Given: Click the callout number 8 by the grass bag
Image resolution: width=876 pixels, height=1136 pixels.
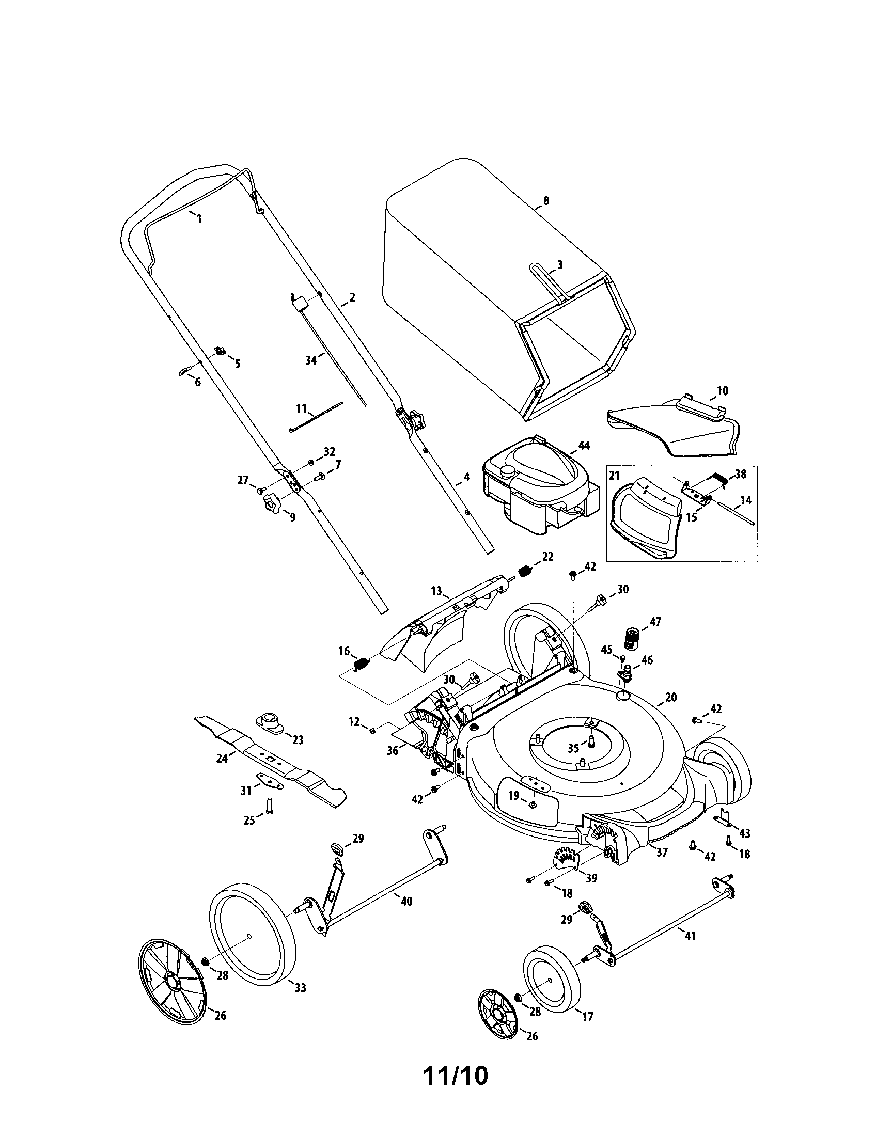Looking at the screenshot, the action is click(x=545, y=200).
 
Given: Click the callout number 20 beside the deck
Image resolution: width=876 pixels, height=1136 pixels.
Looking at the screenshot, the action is click(x=671, y=698).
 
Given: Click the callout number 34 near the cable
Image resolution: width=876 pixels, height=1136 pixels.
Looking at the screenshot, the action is click(x=311, y=360).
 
